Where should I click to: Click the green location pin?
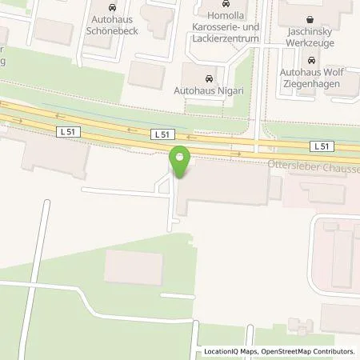pos(180,162)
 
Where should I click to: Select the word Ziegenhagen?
pos(327,83)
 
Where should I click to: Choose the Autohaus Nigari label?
pos(208,91)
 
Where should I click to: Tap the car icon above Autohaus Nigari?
pos(209,78)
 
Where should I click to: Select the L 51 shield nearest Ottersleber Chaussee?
pos(321,146)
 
